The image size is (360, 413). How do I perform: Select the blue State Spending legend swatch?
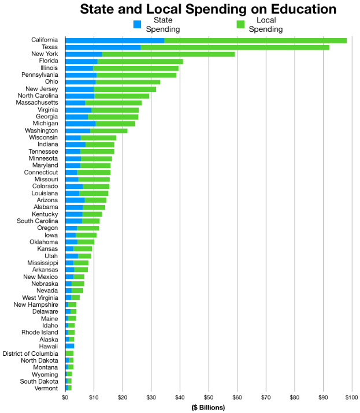pyautogui.click(x=137, y=24)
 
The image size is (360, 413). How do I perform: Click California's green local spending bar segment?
pyautogui.click(x=255, y=40)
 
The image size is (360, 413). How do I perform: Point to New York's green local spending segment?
pyautogui.click(x=168, y=54)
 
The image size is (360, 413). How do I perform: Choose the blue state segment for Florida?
pyautogui.click(x=81, y=61)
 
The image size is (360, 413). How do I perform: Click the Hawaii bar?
pyautogui.click(x=70, y=346)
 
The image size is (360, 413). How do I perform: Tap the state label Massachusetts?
pyautogui.click(x=37, y=103)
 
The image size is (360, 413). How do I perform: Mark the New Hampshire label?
pyautogui.click(x=36, y=304)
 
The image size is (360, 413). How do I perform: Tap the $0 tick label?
pyautogui.click(x=65, y=397)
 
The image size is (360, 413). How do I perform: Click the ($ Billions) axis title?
pyautogui.click(x=209, y=407)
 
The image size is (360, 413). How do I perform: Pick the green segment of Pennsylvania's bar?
pyautogui.click(x=136, y=75)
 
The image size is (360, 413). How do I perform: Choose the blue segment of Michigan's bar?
pyautogui.click(x=80, y=124)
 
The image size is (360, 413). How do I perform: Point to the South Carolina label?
pyautogui.click(x=38, y=221)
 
